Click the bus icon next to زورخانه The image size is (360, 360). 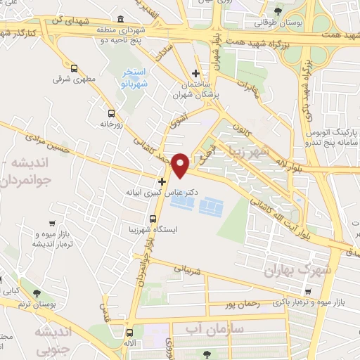[111, 113]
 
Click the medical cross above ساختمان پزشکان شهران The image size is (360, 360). [196, 73]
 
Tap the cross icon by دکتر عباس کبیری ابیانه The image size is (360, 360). [162, 181]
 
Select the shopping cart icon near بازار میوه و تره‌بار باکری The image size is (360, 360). [308, 291]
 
